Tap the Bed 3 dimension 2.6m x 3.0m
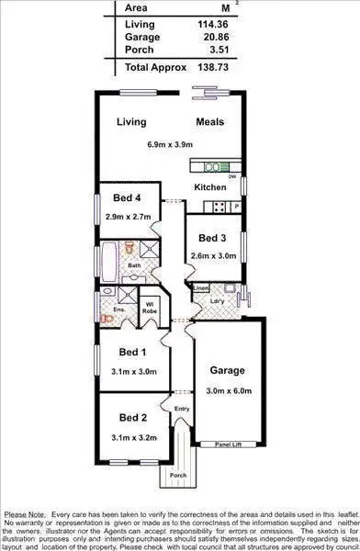pos(211,256)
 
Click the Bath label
pos(134,266)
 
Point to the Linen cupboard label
pos(201,288)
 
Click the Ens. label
pos(119,310)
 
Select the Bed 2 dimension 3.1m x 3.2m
pos(130,438)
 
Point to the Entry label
pos(182,409)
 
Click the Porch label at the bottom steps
pos(177,477)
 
